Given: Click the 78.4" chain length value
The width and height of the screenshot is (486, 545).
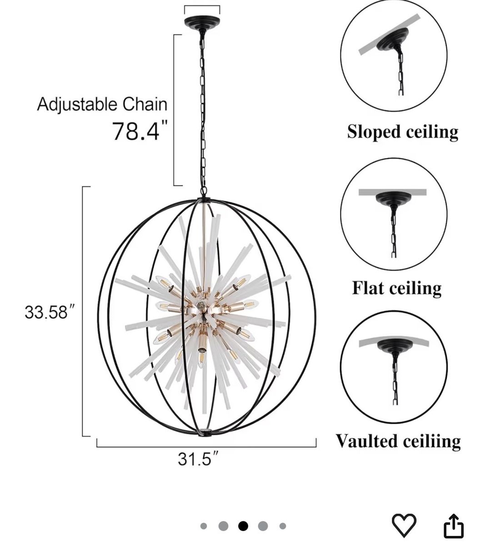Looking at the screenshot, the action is [140, 131].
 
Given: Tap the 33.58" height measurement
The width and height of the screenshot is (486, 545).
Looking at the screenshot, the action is [49, 312].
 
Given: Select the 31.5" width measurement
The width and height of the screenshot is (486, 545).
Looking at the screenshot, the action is [197, 459].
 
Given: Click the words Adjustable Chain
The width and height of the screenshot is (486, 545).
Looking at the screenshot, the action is [102, 104].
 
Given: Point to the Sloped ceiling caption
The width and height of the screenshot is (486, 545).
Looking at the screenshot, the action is [402, 132].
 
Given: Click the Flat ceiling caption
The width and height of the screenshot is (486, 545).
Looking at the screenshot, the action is [397, 288].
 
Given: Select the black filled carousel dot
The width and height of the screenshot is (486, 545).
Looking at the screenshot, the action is [243, 525].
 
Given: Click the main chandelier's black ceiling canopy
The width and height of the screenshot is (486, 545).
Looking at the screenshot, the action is [202, 23].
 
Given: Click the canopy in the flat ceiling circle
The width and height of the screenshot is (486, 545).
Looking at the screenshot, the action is [394, 199].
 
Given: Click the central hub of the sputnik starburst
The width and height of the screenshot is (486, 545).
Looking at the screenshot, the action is [200, 305].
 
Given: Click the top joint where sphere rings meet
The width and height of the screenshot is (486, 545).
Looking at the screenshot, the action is [204, 199].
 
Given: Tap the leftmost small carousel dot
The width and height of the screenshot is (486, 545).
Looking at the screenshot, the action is [204, 526].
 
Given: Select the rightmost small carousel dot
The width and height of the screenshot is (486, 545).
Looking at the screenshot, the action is [282, 526].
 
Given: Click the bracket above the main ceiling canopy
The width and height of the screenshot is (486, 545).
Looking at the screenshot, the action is [202, 6].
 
